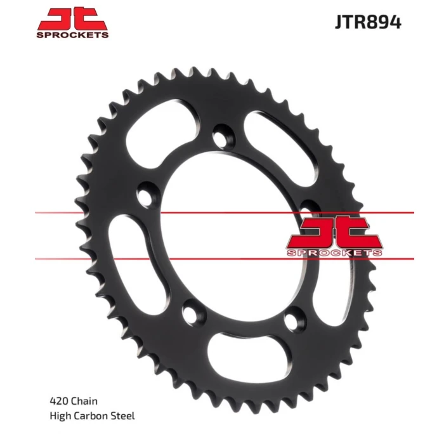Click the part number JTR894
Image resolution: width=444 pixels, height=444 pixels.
pos(368,22)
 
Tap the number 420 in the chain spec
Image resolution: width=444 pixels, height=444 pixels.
pos(58,401)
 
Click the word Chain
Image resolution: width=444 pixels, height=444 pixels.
pos(84,401)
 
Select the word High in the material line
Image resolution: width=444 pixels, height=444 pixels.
pos(61,416)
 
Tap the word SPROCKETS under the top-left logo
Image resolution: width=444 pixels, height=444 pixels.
pos(72,35)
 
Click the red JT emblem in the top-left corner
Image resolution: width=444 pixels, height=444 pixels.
pos(72,19)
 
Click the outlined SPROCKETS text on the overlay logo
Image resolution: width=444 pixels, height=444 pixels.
pos(334,252)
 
